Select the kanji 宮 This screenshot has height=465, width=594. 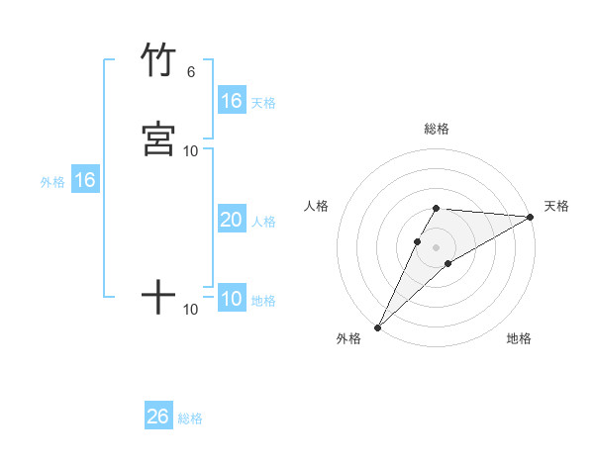coord(158,139)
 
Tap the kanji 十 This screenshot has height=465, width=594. coord(158,297)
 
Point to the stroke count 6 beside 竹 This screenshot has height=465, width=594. coord(190,71)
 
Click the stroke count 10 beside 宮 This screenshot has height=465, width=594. coord(191,150)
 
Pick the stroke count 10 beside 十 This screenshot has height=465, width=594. coord(191,310)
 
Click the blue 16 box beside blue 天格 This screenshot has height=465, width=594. coord(232,101)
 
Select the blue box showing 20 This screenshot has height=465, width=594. coord(232,220)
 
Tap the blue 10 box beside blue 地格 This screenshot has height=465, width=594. coord(232,299)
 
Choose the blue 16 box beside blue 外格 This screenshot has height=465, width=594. coord(85,180)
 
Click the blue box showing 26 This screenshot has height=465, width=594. coord(158,417)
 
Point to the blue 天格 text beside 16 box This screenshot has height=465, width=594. coord(263,102)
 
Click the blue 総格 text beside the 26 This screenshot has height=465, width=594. coord(190,418)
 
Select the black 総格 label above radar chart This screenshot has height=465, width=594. coord(437,129)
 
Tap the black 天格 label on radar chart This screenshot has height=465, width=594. coord(556,206)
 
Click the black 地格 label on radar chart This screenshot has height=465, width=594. coord(519,338)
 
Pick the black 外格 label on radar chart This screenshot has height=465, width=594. coord(348,338)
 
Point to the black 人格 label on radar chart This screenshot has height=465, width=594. coord(316,206)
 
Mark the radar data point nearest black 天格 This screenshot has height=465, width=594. coord(530,217)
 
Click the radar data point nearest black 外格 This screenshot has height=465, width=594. coord(377,327)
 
